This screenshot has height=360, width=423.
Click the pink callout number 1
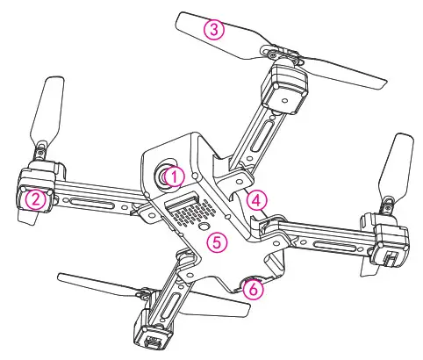pyautogui.click(x=174, y=176)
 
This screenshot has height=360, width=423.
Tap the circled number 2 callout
pyautogui.click(x=34, y=199)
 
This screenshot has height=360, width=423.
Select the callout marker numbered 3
pyautogui.click(x=213, y=30)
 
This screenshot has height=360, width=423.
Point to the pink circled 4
pyautogui.click(x=255, y=199)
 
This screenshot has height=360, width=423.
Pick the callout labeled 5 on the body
pyautogui.click(x=219, y=240)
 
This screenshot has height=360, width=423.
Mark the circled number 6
pyautogui.click(x=253, y=288)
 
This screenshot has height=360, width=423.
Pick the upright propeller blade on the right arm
pyautogui.click(x=400, y=167)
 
